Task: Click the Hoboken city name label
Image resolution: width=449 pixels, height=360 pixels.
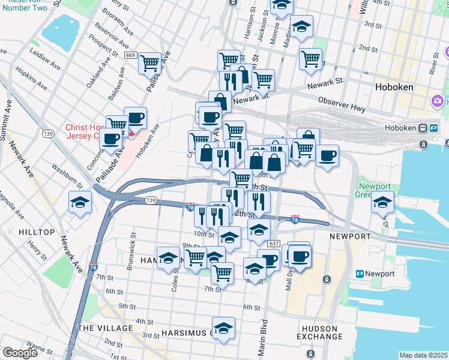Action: pos(394,87)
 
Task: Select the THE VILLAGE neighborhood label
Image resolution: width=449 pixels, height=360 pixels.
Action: pos(105,328)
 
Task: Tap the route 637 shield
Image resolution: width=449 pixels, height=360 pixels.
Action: pos(274,244)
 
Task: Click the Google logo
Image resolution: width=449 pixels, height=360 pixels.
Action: pos(20,353)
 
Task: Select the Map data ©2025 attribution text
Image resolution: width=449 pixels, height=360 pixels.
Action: pos(423,355)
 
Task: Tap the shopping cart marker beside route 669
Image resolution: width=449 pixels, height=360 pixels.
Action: pos(149,62)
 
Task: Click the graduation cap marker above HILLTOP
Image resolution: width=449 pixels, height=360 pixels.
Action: pos(80,202)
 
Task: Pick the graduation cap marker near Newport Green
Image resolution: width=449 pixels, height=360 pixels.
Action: pos(382,202)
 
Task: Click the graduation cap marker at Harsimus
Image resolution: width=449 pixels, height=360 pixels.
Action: pos(223,328)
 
